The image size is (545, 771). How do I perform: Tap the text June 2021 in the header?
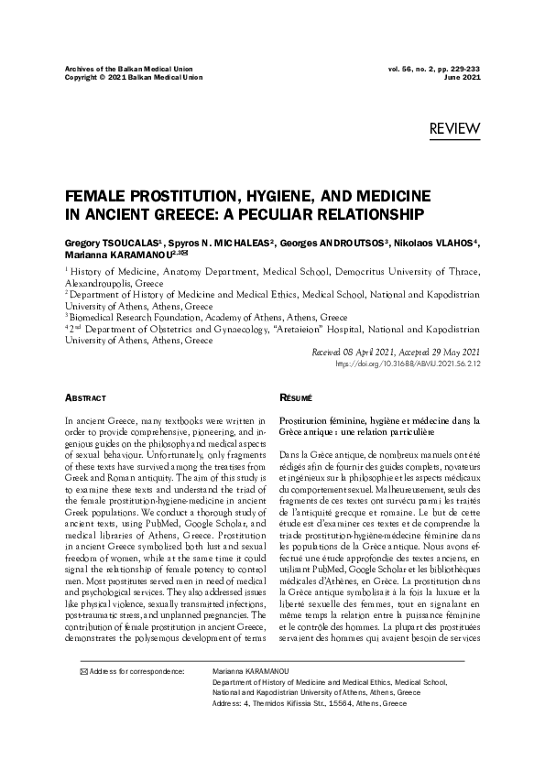(x=463, y=77)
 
